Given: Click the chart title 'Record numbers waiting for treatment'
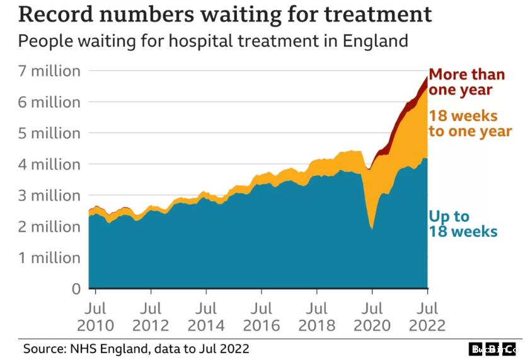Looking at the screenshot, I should tap(225, 15).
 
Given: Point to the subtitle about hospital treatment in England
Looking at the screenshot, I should tap(213, 42).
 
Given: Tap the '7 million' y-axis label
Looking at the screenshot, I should tap(49, 71).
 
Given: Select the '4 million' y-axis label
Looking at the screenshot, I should tap(49, 165).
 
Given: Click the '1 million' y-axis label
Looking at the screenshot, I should tap(49, 258).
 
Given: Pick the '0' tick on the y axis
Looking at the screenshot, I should tap(76, 289).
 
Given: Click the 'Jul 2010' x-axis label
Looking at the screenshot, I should tap(96, 317).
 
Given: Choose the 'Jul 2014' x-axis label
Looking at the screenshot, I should tap(206, 317).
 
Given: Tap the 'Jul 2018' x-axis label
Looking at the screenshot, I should tap(316, 317).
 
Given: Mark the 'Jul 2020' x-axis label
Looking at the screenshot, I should tap(372, 317).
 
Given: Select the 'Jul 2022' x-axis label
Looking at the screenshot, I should tap(427, 317).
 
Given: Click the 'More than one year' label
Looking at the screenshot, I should tap(466, 82).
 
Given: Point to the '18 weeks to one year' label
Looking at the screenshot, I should tap(470, 124).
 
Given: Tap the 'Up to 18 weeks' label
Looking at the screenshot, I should tap(463, 224).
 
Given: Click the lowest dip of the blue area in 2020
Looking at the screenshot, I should tap(372, 228).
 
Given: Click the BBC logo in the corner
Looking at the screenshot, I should tap(493, 349).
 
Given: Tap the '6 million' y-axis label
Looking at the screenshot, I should tap(49, 102).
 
